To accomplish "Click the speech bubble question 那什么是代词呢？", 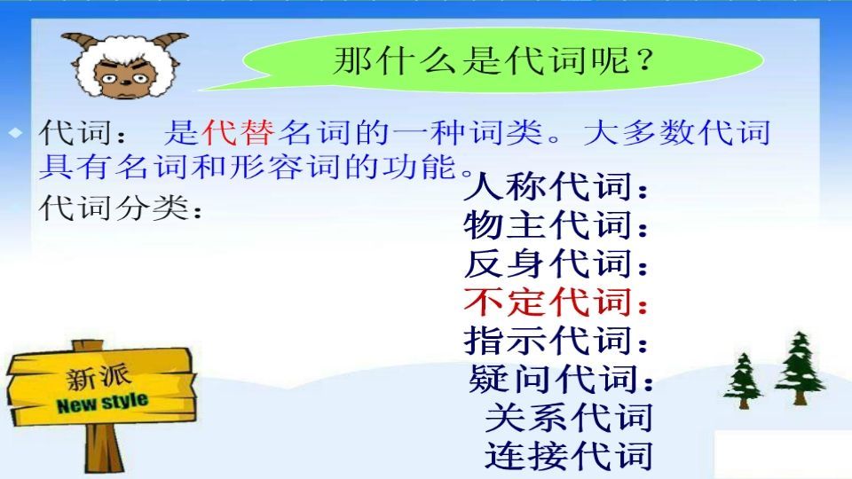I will click(x=493, y=62).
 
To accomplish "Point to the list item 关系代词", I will click(x=569, y=417).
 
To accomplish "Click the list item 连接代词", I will click(x=569, y=456).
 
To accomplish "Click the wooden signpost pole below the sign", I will click(x=91, y=452).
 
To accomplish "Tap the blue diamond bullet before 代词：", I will click(x=15, y=133).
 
